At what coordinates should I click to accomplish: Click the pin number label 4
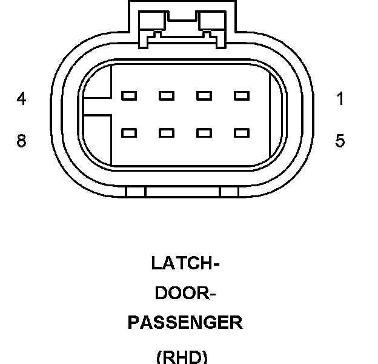click(x=22, y=98)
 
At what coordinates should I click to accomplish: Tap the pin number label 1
click(x=340, y=98)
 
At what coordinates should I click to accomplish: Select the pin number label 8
click(x=22, y=141)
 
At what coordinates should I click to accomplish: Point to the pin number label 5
click(x=340, y=141)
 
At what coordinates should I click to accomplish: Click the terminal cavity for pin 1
click(x=242, y=95)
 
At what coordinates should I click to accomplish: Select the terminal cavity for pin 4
click(x=128, y=95)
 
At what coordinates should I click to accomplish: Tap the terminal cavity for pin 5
click(x=242, y=132)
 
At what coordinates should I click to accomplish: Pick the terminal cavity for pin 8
click(x=128, y=132)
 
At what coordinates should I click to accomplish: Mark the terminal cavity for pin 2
click(x=204, y=95)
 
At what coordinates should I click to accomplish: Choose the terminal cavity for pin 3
click(x=166, y=95)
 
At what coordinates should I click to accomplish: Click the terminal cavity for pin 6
click(x=204, y=132)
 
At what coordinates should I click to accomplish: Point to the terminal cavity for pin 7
click(x=166, y=132)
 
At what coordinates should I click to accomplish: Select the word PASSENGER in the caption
click(x=185, y=322)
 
